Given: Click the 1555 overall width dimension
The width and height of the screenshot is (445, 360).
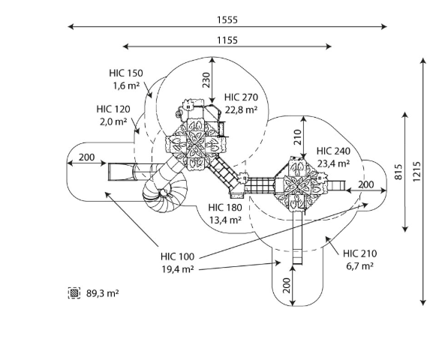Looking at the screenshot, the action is (227, 20).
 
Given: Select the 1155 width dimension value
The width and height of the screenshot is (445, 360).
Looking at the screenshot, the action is (227, 40).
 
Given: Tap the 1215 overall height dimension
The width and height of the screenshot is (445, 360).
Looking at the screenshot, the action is (416, 172).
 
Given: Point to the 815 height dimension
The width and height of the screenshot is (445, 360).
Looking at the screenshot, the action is (398, 172).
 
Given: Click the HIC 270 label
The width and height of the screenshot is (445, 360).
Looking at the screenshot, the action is (241, 97).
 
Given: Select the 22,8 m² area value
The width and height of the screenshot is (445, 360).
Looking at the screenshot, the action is (241, 109).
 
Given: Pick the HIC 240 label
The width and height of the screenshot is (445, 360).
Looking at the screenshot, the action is (333, 151).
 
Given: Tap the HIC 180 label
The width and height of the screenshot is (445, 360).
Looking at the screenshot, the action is (225, 208).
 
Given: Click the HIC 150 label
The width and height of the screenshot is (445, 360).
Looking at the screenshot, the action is (126, 73).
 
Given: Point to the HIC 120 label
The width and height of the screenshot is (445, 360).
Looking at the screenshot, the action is (113, 109).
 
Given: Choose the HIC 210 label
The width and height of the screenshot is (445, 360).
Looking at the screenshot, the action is (360, 253).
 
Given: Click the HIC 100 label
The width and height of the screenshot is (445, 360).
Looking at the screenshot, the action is (177, 256).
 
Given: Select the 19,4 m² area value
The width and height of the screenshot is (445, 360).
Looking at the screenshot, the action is (178, 269).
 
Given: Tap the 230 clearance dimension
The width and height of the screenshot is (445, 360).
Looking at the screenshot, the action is (206, 80).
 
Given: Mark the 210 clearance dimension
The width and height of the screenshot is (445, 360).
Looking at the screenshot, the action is (297, 137).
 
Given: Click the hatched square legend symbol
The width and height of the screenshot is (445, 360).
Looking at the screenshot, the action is (74, 292).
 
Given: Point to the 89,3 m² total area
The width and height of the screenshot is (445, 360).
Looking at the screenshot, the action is (103, 293).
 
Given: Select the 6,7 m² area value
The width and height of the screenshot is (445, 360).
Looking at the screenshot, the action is (359, 265).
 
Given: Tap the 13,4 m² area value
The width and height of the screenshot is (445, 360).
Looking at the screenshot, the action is (226, 220).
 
